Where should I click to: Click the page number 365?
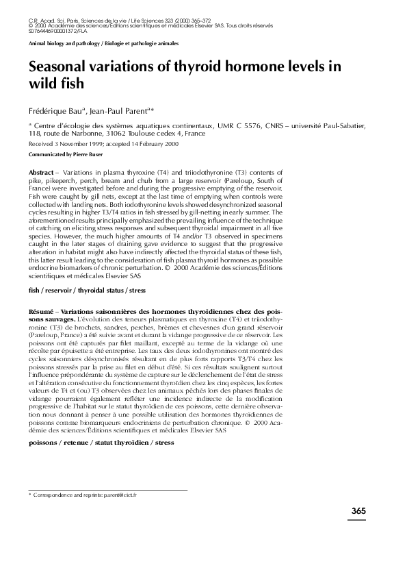click(358, 511)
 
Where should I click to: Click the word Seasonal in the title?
click(60, 67)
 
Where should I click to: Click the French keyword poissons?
click(42, 443)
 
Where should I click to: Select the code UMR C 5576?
click(235, 126)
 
